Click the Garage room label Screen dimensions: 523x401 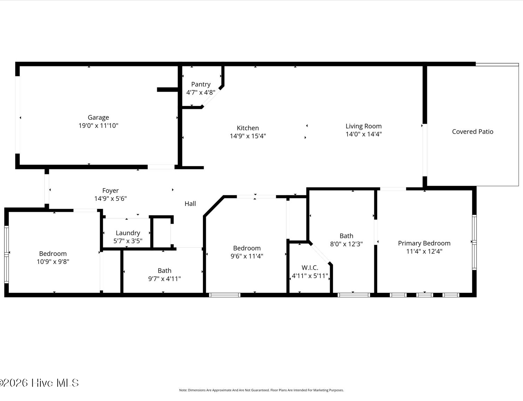98,117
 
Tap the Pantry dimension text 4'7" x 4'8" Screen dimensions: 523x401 201,92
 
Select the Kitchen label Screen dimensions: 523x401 248,128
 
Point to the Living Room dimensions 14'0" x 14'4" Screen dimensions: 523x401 364,134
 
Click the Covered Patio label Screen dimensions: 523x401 473,132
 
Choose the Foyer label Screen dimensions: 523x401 111,190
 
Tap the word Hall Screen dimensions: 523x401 190,204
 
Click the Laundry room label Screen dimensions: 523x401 128,233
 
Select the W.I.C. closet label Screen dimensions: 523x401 310,267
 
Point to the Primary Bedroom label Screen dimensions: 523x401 424,243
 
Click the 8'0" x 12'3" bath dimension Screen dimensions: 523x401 346,244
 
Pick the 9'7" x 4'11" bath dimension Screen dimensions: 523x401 164,279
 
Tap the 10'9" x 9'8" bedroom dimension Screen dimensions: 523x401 53,261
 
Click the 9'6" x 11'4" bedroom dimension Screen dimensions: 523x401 247,256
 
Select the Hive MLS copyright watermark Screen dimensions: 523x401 39,383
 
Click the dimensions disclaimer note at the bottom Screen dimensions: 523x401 261,390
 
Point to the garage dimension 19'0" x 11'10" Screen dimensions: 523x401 98,125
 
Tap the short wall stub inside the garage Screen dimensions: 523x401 167,89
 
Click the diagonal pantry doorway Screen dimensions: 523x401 211,97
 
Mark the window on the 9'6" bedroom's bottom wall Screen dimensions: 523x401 225,295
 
